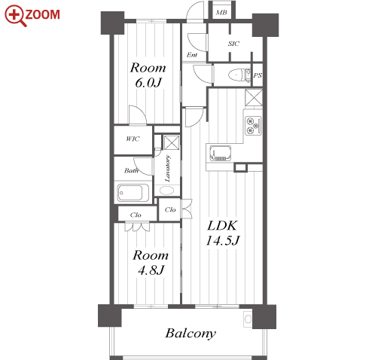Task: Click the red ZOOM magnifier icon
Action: point(15,16)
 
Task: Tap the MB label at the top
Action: point(221,12)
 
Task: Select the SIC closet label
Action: point(233,44)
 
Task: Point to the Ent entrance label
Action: point(192,55)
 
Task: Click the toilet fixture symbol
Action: point(237,75)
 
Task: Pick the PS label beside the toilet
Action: point(258,75)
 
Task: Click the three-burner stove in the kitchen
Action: point(253,126)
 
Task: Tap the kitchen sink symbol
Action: point(221,153)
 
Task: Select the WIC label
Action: point(133,139)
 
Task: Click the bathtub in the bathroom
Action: point(133,193)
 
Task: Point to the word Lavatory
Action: point(167,169)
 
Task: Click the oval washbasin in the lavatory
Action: point(166,191)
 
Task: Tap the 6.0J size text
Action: point(148,82)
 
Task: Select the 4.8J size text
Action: point(151,270)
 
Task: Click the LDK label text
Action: point(222,225)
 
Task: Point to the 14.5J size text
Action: point(222,240)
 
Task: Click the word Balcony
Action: point(191,334)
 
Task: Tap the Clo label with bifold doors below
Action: point(136,215)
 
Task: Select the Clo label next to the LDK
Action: point(170,209)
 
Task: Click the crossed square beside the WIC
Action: point(172,142)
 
